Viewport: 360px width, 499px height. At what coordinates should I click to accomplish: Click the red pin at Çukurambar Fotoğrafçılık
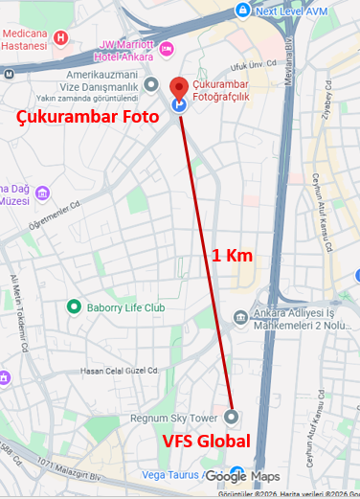click(x=178, y=89)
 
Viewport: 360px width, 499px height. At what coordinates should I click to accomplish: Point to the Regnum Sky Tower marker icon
click(x=232, y=418)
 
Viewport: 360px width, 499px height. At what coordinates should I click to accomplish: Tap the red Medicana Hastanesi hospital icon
click(x=61, y=37)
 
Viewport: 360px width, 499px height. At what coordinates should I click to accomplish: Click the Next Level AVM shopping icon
click(x=243, y=11)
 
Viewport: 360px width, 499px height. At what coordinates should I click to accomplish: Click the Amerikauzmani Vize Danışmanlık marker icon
click(x=150, y=85)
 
